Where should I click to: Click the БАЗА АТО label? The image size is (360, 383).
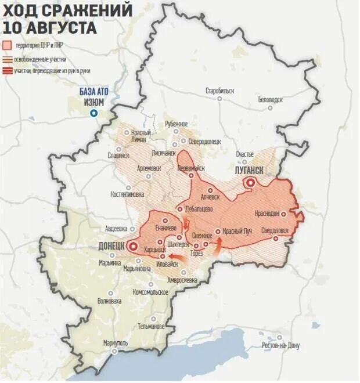[x=95, y=92]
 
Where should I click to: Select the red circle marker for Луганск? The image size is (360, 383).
[x=250, y=183]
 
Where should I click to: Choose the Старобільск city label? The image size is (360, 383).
[x=220, y=91]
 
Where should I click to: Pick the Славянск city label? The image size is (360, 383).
[x=119, y=155]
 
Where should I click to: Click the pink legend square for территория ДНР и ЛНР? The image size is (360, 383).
[x=6, y=45]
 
